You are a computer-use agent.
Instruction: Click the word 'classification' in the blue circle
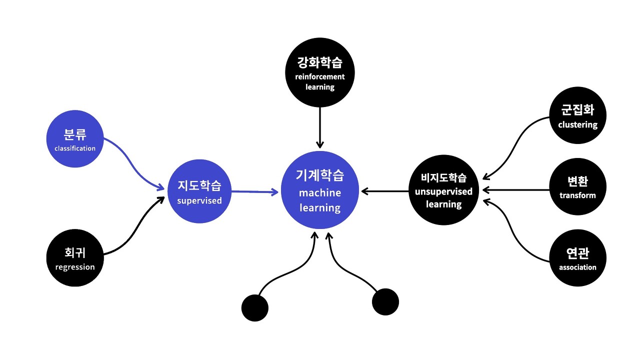pos(75,148)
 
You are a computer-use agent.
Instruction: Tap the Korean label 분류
pos(75,135)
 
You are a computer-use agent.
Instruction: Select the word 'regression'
pos(75,267)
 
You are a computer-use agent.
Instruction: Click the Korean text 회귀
pos(75,253)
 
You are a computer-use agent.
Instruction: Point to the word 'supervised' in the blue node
pos(199,201)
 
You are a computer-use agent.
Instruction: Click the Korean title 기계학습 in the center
pos(320,175)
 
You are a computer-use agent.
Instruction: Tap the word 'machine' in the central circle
pos(320,193)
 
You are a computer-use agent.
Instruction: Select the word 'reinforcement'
pos(320,77)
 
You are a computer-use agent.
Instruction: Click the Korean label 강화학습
pos(320,63)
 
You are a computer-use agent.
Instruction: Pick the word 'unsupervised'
pos(443,192)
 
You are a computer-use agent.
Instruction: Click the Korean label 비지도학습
pos(443,178)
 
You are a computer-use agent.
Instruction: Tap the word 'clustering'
pos(578,125)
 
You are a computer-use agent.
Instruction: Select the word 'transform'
pos(578,195)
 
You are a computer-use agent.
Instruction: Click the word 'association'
pos(578,267)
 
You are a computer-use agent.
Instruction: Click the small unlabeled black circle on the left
pos(255,307)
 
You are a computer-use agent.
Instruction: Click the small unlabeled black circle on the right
pos(385,302)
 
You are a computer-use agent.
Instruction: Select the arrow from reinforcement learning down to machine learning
pos(320,127)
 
